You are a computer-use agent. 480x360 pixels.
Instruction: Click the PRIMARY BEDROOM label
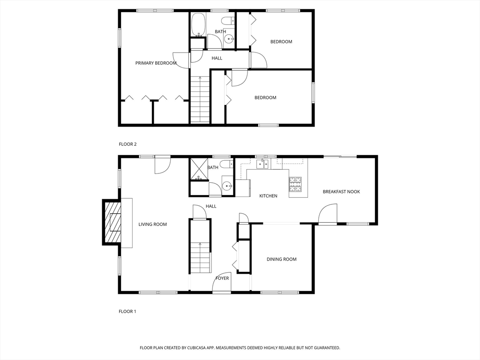click(x=156, y=63)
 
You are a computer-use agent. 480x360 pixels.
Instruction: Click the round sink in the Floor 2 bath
click(x=229, y=38)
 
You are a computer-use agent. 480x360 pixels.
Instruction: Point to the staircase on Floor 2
click(x=200, y=100)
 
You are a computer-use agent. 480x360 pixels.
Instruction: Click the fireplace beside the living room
click(x=112, y=222)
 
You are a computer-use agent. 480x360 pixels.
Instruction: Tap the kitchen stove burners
click(x=295, y=184)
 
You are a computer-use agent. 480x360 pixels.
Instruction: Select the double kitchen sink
click(x=262, y=164)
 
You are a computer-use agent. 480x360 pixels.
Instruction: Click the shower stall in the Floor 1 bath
click(x=199, y=169)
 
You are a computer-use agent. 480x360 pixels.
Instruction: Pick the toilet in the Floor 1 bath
click(x=227, y=165)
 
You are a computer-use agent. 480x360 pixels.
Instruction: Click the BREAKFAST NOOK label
click(x=341, y=192)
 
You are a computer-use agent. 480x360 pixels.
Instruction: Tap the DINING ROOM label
click(x=282, y=259)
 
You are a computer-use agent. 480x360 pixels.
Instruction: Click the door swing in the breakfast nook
click(x=327, y=214)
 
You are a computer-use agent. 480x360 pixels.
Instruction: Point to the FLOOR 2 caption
click(x=127, y=144)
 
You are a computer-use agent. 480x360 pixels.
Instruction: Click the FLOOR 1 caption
click(x=127, y=312)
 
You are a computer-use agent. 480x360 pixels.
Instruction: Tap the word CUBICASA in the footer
click(x=198, y=348)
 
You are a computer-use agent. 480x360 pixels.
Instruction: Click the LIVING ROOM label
click(x=153, y=225)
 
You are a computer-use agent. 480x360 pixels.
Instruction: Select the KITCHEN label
click(x=269, y=196)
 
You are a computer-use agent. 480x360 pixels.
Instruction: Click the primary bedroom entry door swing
click(x=180, y=60)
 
